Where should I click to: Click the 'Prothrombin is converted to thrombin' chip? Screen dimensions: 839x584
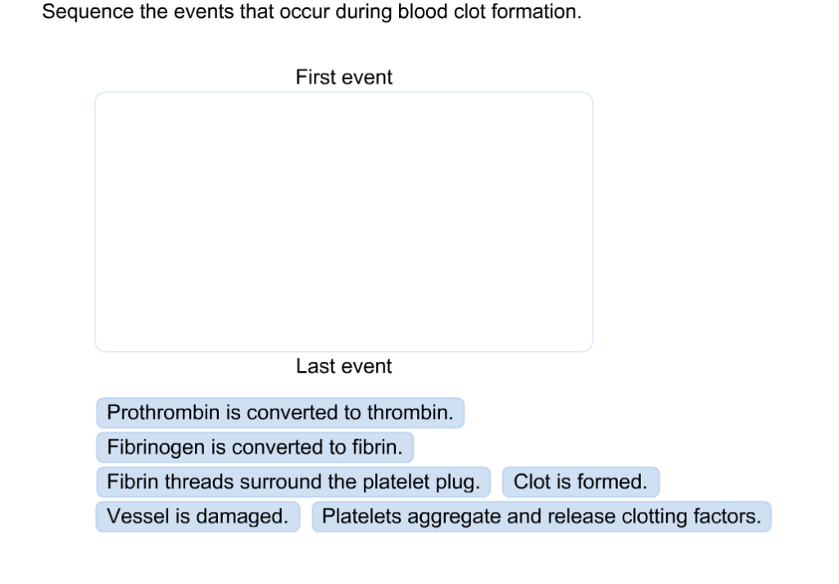(279, 413)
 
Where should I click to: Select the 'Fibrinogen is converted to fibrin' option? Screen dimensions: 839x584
(254, 448)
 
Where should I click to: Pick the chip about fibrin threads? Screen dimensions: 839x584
(293, 482)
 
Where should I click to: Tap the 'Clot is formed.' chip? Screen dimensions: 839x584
(580, 482)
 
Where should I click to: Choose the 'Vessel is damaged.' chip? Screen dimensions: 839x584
(197, 517)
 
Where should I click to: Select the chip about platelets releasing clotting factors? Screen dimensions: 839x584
(541, 517)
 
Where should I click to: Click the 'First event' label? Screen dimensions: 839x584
(344, 77)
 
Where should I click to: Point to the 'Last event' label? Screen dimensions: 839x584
(344, 366)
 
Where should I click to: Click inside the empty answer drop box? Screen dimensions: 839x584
(343, 221)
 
